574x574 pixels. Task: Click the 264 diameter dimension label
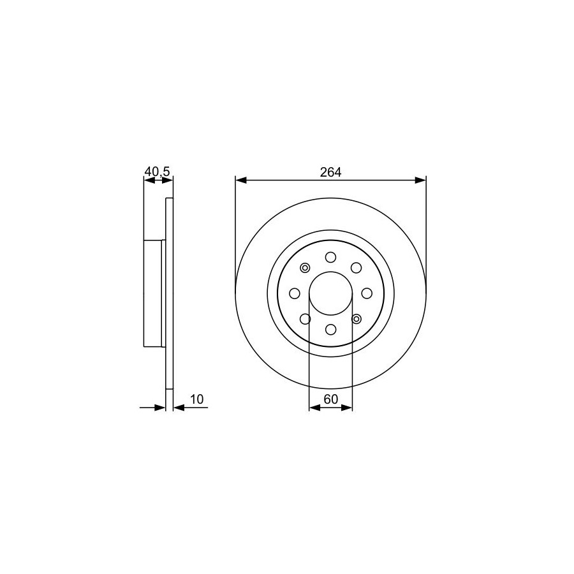coord(330,172)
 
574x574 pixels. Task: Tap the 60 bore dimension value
coord(331,399)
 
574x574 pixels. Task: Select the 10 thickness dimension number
coord(196,399)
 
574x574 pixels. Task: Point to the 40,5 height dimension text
coord(158,171)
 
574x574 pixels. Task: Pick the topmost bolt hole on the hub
coord(331,257)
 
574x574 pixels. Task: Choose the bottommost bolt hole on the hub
coord(331,330)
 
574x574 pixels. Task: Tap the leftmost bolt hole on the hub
coord(295,293)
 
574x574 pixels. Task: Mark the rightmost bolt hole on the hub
coord(367,293)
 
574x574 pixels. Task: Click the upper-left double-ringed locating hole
coord(305,268)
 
